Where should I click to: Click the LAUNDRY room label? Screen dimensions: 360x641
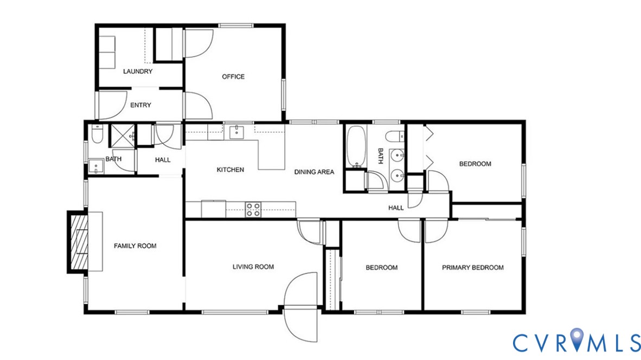click(138, 72)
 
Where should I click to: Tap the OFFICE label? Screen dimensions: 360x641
click(233, 76)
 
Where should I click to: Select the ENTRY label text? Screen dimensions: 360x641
click(140, 105)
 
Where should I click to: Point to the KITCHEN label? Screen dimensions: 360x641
click(230, 170)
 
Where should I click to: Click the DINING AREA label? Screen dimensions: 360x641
click(314, 172)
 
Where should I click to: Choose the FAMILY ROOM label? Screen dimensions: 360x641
click(135, 246)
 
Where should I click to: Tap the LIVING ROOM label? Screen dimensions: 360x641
click(253, 267)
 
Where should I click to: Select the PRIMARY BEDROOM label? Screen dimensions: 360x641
click(472, 267)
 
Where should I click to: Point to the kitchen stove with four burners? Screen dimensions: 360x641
click(253, 209)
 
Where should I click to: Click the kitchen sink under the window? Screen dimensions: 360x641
click(236, 132)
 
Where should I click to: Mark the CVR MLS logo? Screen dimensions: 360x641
click(576, 342)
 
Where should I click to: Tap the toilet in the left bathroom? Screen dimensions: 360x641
click(97, 133)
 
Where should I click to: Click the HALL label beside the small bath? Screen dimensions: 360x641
click(162, 160)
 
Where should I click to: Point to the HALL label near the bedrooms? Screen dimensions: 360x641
click(396, 208)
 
